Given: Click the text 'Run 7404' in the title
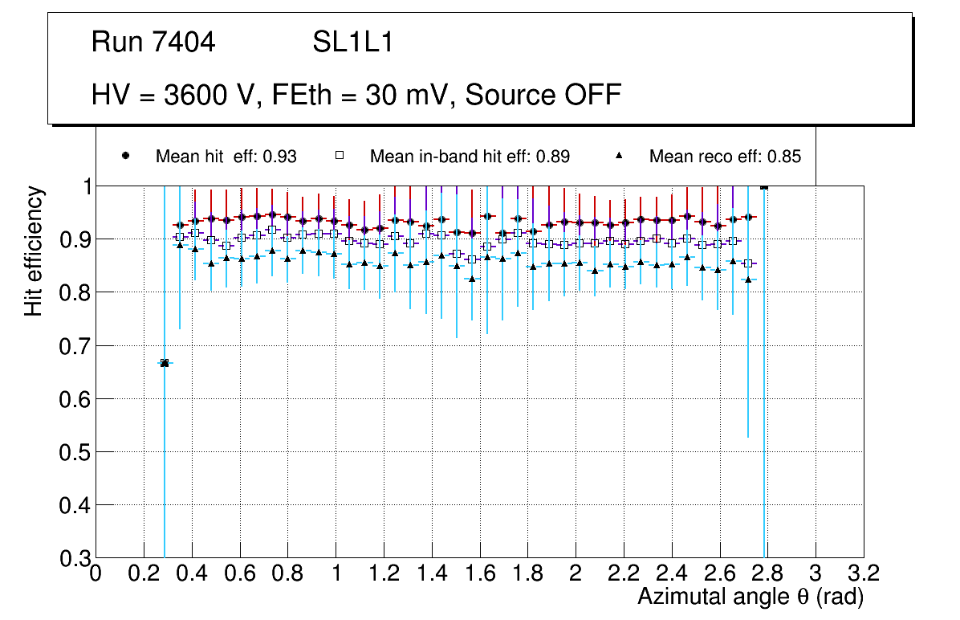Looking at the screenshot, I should coord(153,43).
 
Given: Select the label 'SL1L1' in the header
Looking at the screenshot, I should coord(352,43).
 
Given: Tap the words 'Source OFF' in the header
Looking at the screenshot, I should coord(543,95).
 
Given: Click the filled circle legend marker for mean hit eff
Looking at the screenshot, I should coord(125,156).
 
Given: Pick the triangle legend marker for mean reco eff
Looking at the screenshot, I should coord(619,156).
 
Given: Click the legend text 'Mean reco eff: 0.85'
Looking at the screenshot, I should coord(725,157).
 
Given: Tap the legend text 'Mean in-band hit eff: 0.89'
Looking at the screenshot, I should coord(470,157).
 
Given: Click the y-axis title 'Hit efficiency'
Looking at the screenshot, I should coord(34,251).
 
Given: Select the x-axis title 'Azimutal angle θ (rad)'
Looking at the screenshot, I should coord(751,597).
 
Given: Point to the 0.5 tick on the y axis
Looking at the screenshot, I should coord(75,451).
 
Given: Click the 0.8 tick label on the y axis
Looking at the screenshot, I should coord(75,292).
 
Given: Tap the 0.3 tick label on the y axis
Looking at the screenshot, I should coord(75,557).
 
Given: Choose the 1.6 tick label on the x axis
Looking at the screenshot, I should coord(480,573).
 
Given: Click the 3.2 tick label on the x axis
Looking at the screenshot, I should coord(864,573).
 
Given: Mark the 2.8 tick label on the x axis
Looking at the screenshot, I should coord(767,573).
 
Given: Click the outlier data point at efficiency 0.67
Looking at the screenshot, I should coord(165,363).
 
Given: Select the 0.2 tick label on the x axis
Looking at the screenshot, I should coord(144,573).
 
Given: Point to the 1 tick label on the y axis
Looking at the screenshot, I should coord(83,186).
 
